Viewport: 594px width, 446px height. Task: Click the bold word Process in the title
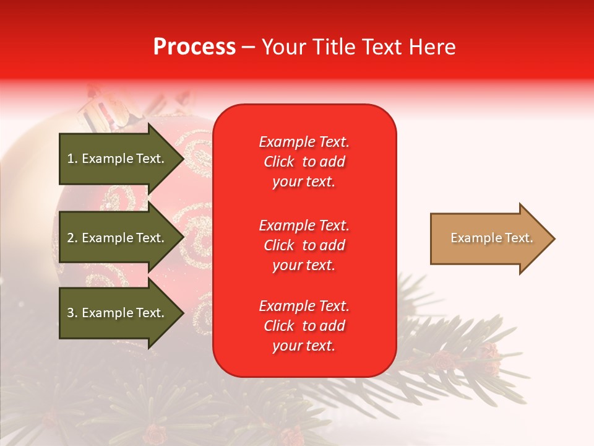coord(194,47)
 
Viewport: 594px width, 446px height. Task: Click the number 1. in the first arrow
coord(72,159)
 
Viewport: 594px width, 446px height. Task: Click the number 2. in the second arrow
coord(72,238)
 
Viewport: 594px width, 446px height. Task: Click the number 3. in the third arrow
coord(72,313)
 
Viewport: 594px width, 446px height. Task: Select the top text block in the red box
coord(304,162)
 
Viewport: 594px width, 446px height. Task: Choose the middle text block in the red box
coord(304,245)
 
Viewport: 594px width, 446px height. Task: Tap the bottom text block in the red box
coord(304,326)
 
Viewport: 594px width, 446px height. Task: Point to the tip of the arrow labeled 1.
coord(183,159)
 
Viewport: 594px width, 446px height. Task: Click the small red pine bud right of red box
coord(443,360)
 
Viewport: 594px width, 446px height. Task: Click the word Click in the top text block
coord(279,162)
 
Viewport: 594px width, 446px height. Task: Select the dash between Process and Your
coord(249,48)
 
